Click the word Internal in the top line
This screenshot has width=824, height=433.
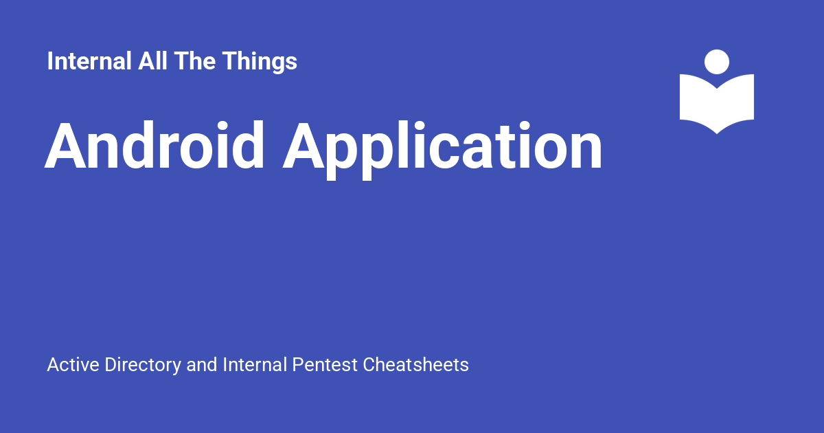coord(89,62)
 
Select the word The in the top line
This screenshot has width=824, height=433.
coord(194,62)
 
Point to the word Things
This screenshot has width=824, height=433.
coord(260,62)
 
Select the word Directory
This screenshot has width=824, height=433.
coord(143,365)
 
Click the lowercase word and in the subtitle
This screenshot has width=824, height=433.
coord(203,364)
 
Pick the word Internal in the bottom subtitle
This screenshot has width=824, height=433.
coord(255,364)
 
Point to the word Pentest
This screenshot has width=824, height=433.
coord(325,364)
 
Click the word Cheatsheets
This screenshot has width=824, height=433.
coord(416,364)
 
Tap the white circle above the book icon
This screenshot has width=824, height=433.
coord(717,62)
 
